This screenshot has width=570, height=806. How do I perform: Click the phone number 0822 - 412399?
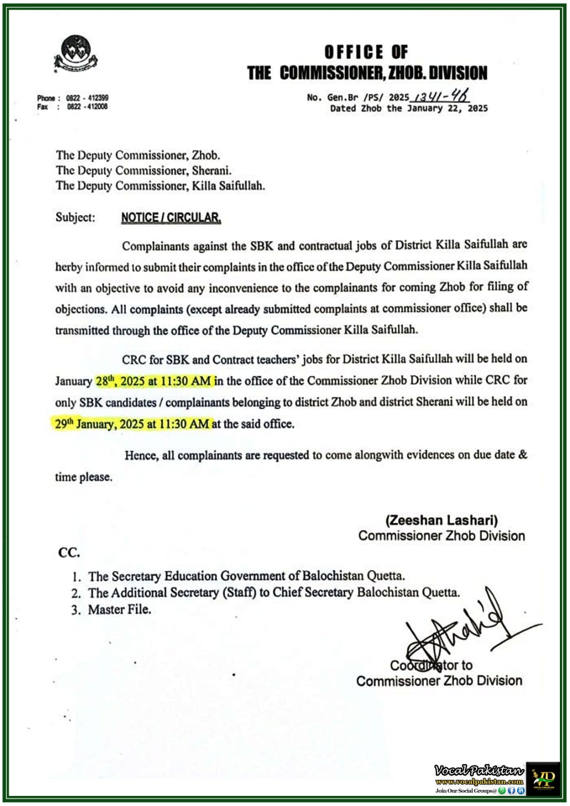tap(87, 98)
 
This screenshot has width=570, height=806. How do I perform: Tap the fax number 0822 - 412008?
tap(87, 107)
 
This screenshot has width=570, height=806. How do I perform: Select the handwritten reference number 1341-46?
tap(441, 96)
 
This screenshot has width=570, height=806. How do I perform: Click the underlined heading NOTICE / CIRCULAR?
tap(171, 218)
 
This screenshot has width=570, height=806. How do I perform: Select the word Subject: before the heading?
tap(75, 218)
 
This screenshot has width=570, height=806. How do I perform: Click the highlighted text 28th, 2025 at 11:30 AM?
tap(154, 381)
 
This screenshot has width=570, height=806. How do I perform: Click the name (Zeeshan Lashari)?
tap(441, 520)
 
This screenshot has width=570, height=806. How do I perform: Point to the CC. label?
tap(69, 553)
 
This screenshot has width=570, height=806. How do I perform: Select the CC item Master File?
tap(119, 610)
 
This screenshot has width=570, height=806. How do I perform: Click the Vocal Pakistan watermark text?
tap(479, 770)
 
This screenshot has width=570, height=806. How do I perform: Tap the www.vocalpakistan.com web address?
tap(479, 781)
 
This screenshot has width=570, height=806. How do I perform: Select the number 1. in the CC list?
tap(76, 576)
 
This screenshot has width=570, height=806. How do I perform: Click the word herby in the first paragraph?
tap(69, 267)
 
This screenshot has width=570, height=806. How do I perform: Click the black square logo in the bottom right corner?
tap(543, 778)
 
